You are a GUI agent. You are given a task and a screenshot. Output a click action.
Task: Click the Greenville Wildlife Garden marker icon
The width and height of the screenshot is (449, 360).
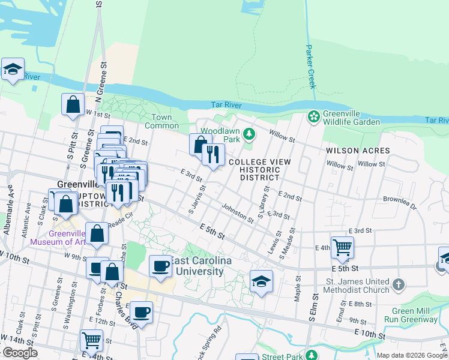coord(313,116)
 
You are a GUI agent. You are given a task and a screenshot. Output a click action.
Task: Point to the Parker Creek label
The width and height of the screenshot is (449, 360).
coord(310,67)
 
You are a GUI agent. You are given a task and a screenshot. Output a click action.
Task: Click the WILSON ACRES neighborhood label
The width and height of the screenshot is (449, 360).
coord(358,151)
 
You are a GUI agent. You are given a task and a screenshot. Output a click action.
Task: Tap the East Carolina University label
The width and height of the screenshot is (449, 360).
coord(197,266)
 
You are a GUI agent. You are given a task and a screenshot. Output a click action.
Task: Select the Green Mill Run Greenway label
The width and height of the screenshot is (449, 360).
coord(415,315)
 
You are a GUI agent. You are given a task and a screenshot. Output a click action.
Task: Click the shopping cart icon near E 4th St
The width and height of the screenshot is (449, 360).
coord(342,247)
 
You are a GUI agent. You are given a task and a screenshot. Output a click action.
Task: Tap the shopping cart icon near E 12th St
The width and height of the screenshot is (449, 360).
coord(91,340)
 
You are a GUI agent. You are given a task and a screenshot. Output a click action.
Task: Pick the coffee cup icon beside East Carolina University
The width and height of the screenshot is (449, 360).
coord(160,266)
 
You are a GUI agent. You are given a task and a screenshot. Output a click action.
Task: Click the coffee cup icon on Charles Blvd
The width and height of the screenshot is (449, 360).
coord(141,312)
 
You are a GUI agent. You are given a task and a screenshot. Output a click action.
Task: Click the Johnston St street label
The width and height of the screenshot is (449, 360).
coord(237,214)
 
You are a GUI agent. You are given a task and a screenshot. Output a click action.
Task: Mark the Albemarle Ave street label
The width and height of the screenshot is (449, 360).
coord(11,201)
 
